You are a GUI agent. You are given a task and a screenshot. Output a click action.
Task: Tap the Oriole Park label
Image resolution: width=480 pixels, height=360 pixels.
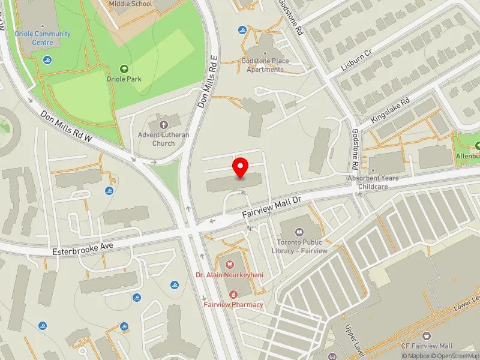click(124, 79)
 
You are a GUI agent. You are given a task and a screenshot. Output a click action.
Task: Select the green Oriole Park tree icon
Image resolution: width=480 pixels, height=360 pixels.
click(124, 69)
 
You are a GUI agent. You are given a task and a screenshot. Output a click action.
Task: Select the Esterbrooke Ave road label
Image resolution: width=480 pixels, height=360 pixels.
click(82, 247)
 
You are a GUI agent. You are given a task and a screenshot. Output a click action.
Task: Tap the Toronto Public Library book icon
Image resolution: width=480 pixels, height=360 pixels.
click(301, 230)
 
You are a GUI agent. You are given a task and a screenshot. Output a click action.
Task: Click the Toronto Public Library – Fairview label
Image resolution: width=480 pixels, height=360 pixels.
click(302, 247)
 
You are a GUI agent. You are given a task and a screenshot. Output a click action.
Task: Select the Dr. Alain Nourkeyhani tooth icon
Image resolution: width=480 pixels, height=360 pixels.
click(229, 263)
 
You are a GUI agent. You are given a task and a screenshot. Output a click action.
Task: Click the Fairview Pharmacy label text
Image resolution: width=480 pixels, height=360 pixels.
click(233, 304)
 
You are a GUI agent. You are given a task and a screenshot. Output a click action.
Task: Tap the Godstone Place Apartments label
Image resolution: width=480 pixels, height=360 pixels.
click(265, 65)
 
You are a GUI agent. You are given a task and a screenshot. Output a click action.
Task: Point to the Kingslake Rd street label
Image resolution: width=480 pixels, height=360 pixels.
click(390, 111)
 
